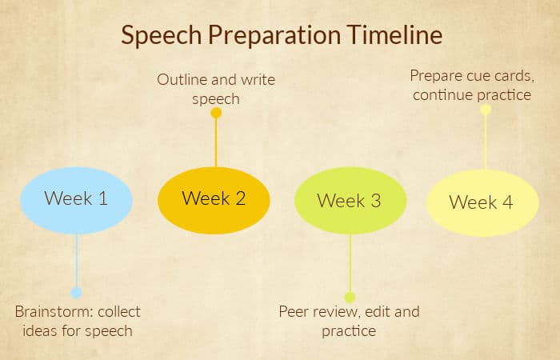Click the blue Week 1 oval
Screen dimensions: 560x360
click(76, 200)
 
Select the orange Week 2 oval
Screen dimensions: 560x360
click(214, 200)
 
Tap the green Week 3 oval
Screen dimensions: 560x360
click(350, 201)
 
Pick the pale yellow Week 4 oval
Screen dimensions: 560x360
click(482, 203)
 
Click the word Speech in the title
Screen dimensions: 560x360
click(162, 36)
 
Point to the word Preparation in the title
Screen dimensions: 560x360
click(274, 36)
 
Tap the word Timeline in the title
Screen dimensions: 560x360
click(394, 34)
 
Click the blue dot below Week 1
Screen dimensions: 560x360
click(76, 293)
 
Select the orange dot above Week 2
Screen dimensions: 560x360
click(216, 113)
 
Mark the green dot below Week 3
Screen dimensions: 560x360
click(350, 297)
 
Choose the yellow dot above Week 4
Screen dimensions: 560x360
click(486, 110)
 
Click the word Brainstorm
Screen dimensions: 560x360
click(54, 312)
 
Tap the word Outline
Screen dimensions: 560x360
click(182, 80)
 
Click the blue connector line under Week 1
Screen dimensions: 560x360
click(77, 261)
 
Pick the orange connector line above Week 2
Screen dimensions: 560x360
click(216, 142)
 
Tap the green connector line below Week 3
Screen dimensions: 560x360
click(350, 263)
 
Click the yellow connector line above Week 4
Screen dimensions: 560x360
click(486, 142)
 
